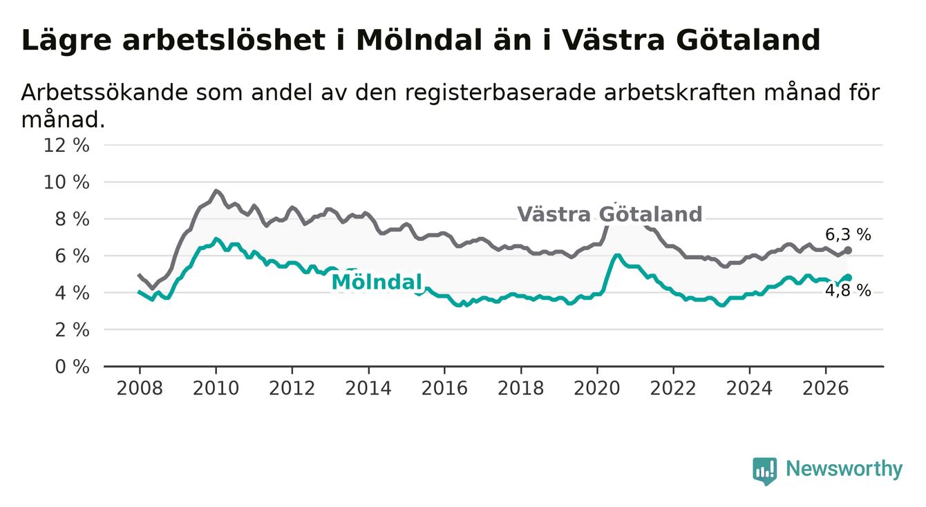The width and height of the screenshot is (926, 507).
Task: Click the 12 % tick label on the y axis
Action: pyautogui.click(x=66, y=146)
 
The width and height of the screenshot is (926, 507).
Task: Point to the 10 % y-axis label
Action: pyautogui.click(x=66, y=182)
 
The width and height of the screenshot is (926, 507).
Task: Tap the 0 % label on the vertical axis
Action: pyautogui.click(x=73, y=367)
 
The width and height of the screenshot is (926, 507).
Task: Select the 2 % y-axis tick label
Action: pyautogui.click(x=73, y=329)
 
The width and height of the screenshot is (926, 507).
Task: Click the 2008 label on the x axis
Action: pyautogui.click(x=140, y=388)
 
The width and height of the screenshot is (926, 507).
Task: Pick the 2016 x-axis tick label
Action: pyautogui.click(x=444, y=388)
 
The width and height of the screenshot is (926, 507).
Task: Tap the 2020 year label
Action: pyautogui.click(x=597, y=388)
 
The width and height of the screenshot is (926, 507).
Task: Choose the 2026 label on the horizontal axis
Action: pyautogui.click(x=826, y=388)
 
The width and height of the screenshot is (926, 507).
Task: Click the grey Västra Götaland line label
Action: pyautogui.click(x=610, y=214)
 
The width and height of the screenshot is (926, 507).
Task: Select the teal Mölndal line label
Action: pyautogui.click(x=377, y=282)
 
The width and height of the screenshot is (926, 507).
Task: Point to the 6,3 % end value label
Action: pyautogui.click(x=849, y=235)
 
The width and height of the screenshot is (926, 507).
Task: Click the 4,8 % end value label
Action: pyautogui.click(x=849, y=291)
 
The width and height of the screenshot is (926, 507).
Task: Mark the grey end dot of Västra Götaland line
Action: pyautogui.click(x=848, y=251)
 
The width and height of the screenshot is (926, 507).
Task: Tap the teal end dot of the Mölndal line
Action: pyautogui.click(x=849, y=278)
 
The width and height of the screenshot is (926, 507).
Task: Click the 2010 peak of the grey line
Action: pyautogui.click(x=216, y=191)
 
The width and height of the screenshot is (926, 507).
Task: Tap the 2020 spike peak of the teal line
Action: pyautogui.click(x=617, y=256)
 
